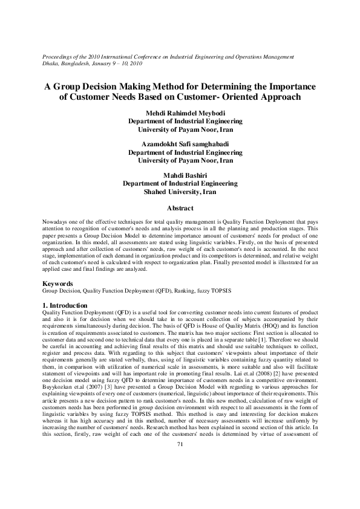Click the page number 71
click(180, 445)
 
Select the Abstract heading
click(180, 207)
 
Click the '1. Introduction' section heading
click(65, 305)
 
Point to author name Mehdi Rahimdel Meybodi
click(180, 113)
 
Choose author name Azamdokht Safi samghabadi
click(180, 144)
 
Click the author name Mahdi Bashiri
click(180, 175)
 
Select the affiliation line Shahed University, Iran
click(180, 192)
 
